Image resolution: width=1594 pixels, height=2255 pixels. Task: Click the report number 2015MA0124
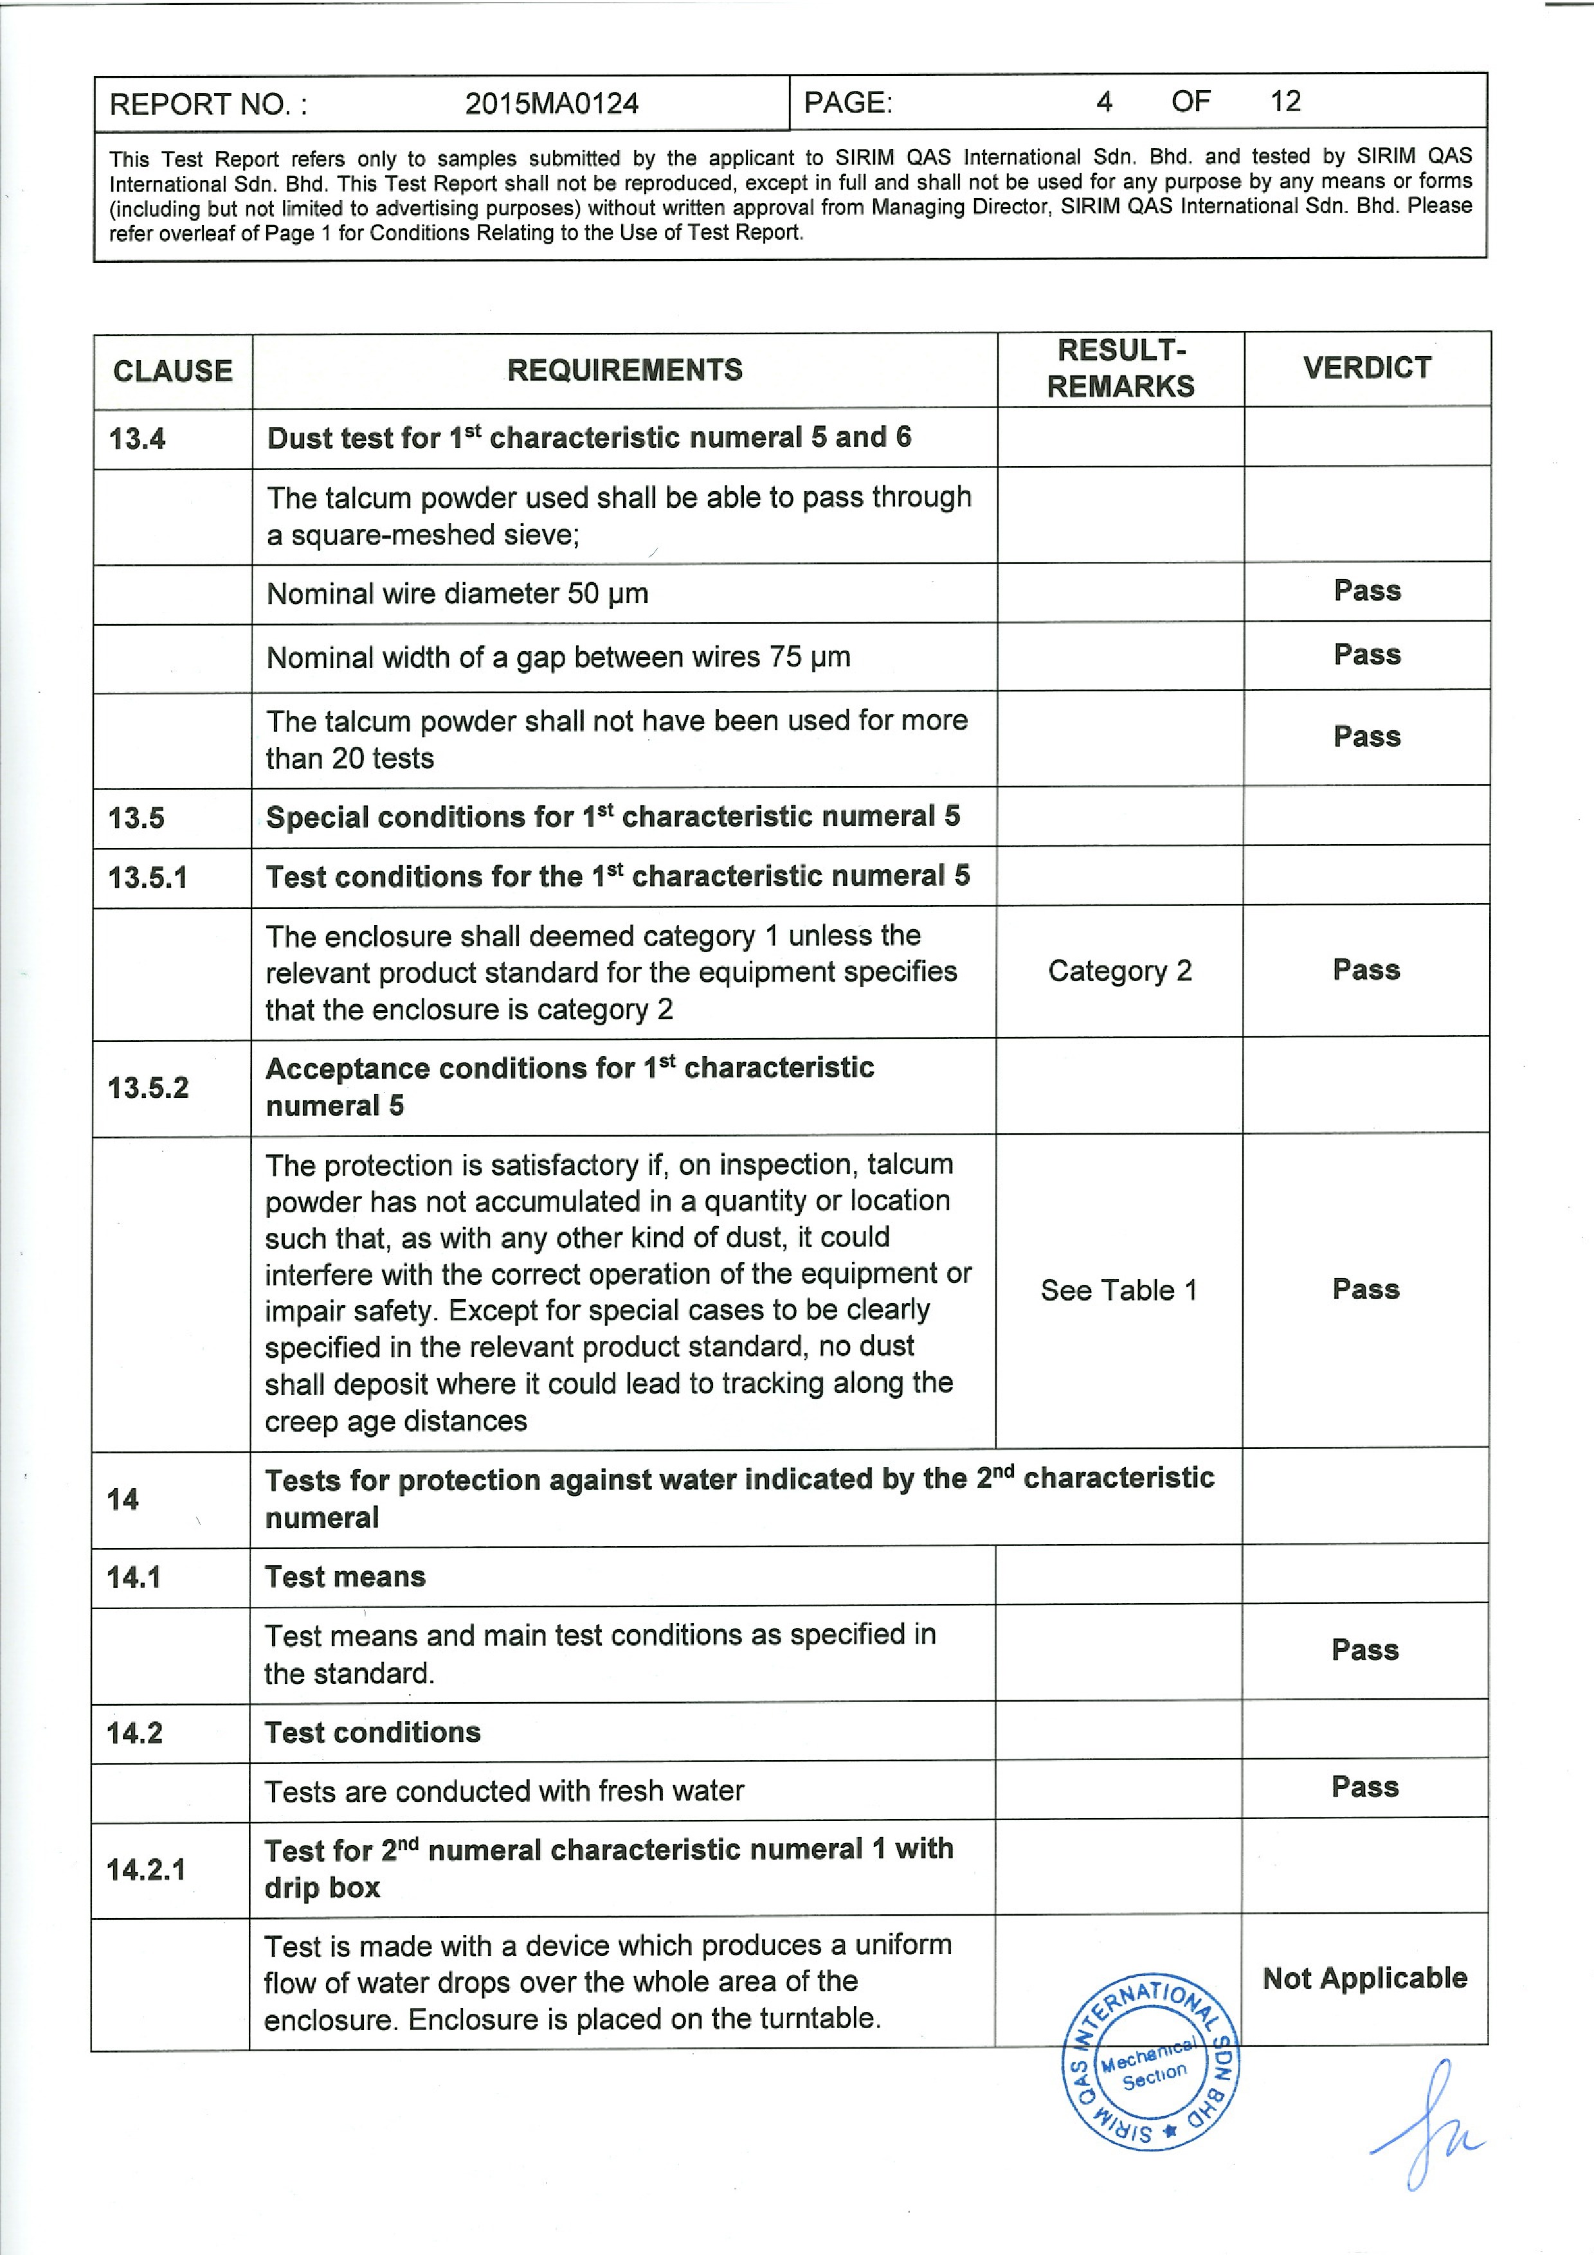pos(551,104)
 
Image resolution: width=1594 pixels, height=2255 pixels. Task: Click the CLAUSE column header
pos(173,372)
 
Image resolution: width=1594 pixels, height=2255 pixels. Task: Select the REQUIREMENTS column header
pos(624,370)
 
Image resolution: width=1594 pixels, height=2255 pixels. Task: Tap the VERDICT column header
pos(1367,368)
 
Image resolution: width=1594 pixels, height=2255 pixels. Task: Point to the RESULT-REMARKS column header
pos(1121,368)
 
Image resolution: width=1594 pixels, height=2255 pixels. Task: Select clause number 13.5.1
pos(147,877)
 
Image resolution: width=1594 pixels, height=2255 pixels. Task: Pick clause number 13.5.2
pos(149,1088)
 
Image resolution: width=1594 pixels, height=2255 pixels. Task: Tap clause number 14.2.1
pos(147,1869)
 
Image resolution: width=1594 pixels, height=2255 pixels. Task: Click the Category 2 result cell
pos(1119,971)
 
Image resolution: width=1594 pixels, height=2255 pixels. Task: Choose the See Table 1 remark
pos(1119,1291)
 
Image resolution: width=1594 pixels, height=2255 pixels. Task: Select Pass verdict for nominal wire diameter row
pos(1367,591)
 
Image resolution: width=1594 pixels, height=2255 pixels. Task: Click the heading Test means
pos(345,1577)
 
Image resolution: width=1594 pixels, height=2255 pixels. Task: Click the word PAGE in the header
pos(847,103)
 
